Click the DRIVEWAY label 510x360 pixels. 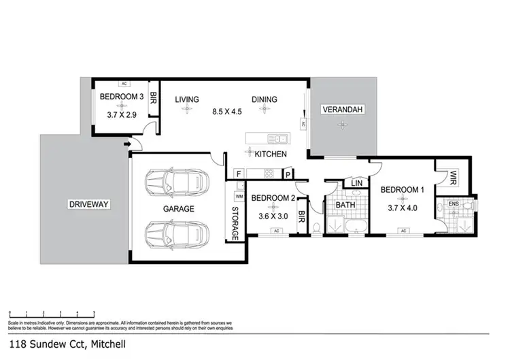89,204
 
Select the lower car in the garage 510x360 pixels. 175,235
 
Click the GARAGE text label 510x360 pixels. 178,209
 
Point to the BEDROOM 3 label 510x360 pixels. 121,97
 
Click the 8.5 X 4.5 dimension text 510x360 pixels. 226,112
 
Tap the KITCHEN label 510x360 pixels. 271,154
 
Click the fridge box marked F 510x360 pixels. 239,174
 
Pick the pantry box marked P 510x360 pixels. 288,174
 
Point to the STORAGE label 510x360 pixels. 236,224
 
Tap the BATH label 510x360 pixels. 345,204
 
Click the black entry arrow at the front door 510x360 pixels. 127,144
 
